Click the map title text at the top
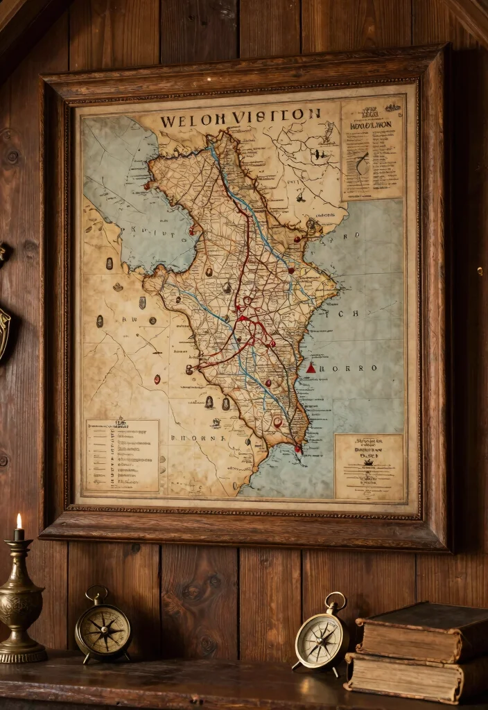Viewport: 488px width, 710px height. [240, 116]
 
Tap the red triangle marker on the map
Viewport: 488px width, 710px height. [311, 367]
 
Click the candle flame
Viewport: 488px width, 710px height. [19, 521]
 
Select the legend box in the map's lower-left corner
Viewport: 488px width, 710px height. [122, 456]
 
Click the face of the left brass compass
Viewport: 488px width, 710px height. [103, 630]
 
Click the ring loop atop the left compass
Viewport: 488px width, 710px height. [96, 594]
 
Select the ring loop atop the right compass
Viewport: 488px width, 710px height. [335, 600]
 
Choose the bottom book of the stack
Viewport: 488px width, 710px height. [409, 677]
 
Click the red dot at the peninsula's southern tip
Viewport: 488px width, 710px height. [298, 448]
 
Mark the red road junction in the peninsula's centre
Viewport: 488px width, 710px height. [244, 319]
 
